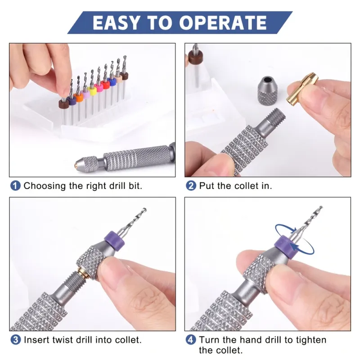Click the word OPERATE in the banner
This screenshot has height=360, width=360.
(x=223, y=23)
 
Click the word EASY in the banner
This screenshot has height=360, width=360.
(x=116, y=23)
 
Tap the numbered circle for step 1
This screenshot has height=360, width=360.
(x=15, y=186)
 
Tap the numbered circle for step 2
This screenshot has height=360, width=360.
(x=191, y=186)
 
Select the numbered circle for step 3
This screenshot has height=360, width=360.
(x=15, y=340)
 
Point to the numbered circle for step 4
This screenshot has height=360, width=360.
(x=191, y=340)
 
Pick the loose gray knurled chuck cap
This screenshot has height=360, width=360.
(x=269, y=91)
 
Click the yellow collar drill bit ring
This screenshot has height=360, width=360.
(x=93, y=92)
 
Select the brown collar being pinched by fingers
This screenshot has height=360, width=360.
(x=64, y=104)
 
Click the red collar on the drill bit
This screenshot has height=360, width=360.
(x=106, y=85)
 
